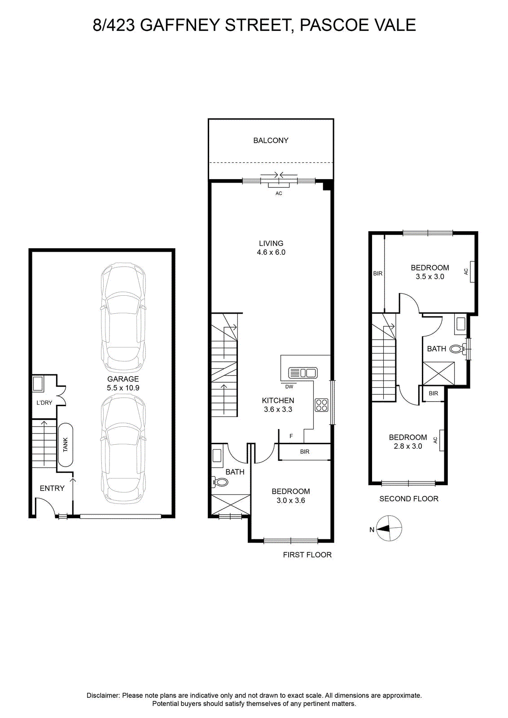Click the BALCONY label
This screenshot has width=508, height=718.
coord(271,140)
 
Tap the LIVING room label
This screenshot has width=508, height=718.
coord(271,243)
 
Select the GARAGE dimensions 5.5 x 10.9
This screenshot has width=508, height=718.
coord(123,388)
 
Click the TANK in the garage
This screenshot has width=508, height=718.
coord(66,445)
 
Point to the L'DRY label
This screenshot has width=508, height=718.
coord(44,403)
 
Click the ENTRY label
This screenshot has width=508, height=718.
coord(52,488)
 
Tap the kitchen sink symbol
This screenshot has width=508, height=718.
coord(303,373)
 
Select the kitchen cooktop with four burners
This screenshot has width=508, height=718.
coord(321,405)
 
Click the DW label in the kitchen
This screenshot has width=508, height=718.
coord(289,386)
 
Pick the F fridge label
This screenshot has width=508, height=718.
coord(291,436)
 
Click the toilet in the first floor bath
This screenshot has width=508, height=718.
coord(220,482)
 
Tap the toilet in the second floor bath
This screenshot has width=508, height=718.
coord(458,348)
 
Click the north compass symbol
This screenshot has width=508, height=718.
coord(389,529)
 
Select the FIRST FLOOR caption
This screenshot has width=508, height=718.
coord(307,555)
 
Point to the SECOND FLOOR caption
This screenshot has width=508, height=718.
coord(409,499)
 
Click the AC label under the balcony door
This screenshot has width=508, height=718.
coord(279,193)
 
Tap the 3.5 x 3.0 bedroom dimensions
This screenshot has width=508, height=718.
coord(430,276)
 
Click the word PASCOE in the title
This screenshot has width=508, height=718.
coord(333,25)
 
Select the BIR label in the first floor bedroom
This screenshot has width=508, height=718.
coord(304,451)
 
